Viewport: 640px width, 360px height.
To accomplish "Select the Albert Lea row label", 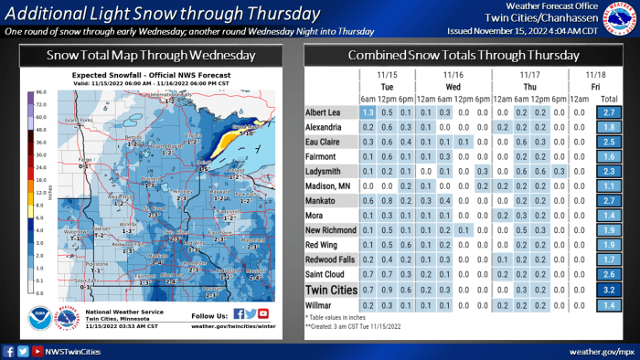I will pos(325,111).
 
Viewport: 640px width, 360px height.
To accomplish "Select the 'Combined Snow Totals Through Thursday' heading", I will pos(470,55).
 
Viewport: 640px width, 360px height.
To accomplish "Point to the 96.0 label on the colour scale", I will pos(41,93).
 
